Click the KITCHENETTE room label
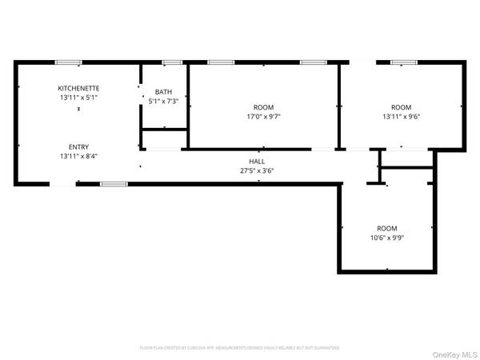[78, 88]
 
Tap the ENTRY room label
[78, 146]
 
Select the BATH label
[163, 92]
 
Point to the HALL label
[257, 162]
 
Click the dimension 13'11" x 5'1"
[78, 98]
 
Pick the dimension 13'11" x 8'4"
[78, 156]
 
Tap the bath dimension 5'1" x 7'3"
[163, 102]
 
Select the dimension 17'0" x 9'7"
[263, 117]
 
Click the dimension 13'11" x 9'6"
[401, 117]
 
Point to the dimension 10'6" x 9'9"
[387, 238]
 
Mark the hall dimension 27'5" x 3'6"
[257, 170]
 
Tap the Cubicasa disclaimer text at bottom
[240, 348]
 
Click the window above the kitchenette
[68, 62]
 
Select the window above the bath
[170, 62]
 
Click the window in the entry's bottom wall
[114, 184]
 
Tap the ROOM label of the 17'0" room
[263, 107]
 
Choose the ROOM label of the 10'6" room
[387, 228]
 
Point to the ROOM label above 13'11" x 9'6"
[401, 107]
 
